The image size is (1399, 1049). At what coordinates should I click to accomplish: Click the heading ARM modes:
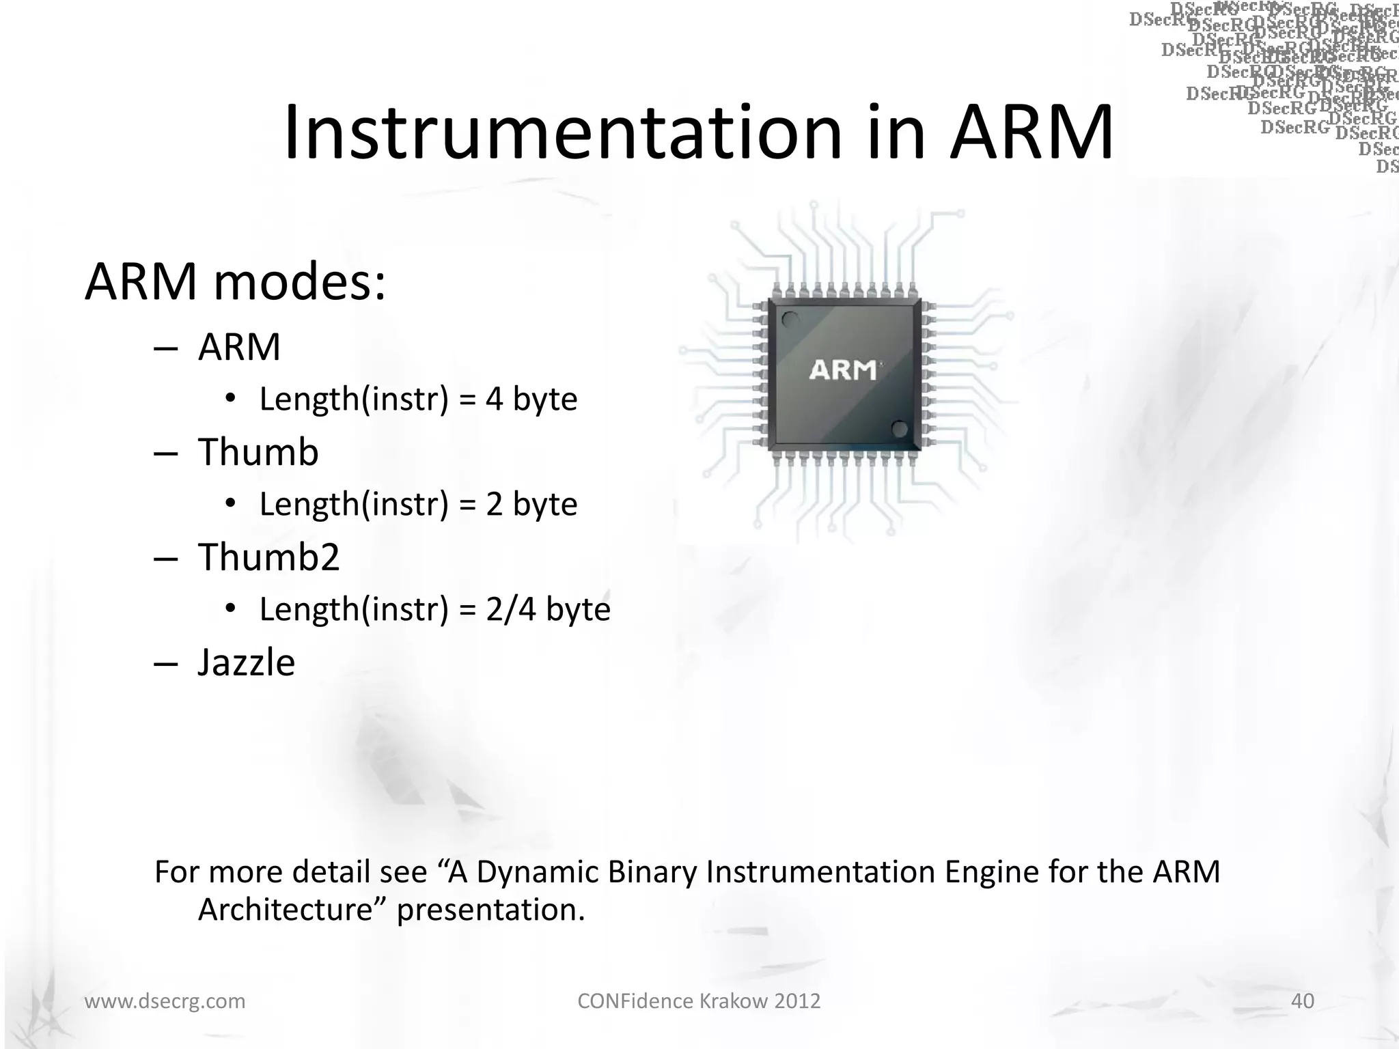tap(235, 281)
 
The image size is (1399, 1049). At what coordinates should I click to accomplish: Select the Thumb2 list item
tap(268, 557)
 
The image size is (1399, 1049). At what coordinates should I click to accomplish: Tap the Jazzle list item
tap(246, 662)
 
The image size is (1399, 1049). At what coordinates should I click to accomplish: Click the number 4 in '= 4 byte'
tap(495, 400)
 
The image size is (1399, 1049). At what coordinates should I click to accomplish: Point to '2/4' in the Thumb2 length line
tap(511, 609)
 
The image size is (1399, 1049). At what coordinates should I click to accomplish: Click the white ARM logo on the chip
tap(843, 370)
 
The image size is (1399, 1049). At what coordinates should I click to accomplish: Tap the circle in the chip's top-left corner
tap(790, 319)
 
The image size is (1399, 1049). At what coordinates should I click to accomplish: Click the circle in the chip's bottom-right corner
tap(900, 429)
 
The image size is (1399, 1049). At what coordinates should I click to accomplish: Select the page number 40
tap(1302, 1001)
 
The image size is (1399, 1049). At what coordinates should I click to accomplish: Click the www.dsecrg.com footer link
tap(165, 1001)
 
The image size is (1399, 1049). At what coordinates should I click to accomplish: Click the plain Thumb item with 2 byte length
tap(258, 452)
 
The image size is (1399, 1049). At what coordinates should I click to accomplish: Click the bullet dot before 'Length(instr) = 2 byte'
tap(231, 504)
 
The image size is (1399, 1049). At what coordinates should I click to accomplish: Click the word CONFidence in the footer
tap(635, 1001)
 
